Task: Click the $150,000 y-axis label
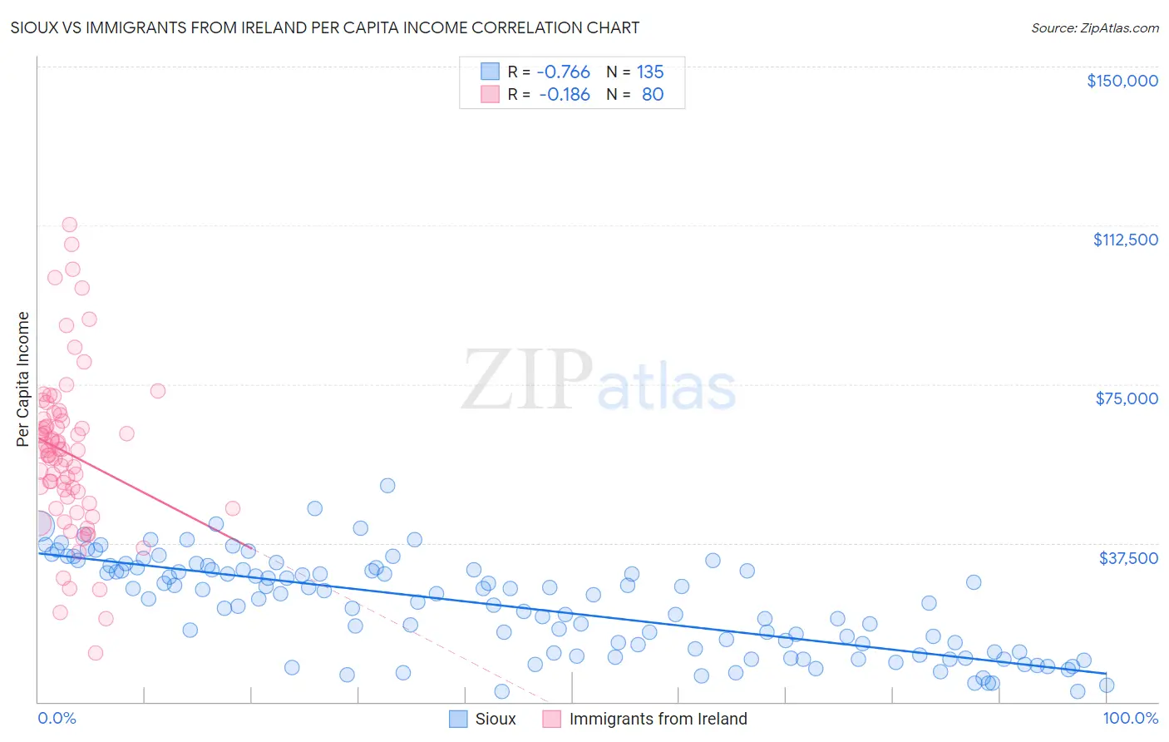pos(1122,81)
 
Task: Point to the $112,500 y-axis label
pos(1125,240)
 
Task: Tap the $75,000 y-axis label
pos(1127,398)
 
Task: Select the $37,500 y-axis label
pos(1128,558)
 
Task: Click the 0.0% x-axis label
pos(57,718)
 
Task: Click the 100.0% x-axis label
pos(1130,718)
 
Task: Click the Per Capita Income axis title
pos(23,378)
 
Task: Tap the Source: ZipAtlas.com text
pos(1094,27)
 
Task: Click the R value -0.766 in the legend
pos(563,72)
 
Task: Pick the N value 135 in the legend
pos(650,72)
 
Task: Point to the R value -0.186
pos(564,94)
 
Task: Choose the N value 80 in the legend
pos(653,94)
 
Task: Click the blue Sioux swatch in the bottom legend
pos(458,719)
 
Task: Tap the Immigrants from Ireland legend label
pos(658,719)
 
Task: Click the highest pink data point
pos(70,225)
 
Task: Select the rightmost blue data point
pos(1106,685)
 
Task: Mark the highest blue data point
pos(387,485)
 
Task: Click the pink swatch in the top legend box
pos(491,94)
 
